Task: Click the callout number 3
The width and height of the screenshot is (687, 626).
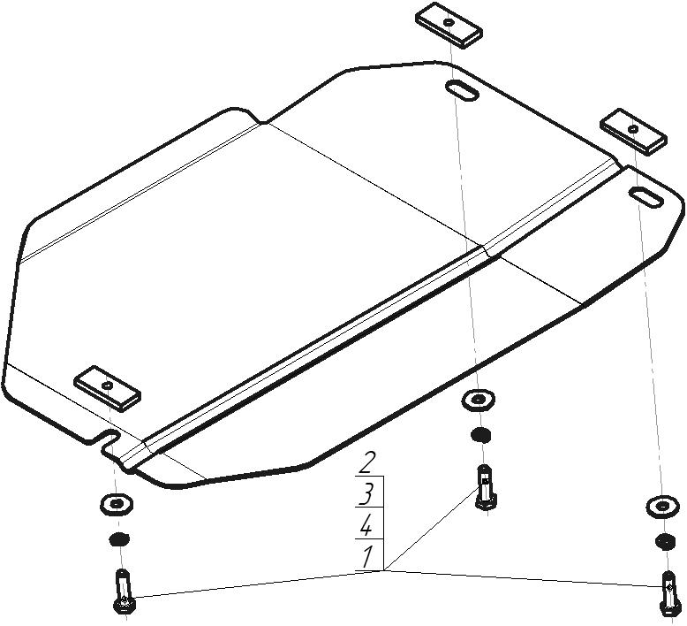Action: pyautogui.click(x=366, y=494)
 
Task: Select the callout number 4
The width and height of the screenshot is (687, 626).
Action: pyautogui.click(x=366, y=525)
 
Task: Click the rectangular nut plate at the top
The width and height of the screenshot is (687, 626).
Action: pyautogui.click(x=449, y=26)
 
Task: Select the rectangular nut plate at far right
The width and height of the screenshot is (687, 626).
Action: pyautogui.click(x=633, y=132)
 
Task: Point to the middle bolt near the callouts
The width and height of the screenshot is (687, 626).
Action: pyautogui.click(x=485, y=487)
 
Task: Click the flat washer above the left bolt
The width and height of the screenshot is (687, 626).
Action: pyautogui.click(x=117, y=504)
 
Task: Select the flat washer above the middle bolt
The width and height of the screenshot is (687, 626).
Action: pyautogui.click(x=479, y=400)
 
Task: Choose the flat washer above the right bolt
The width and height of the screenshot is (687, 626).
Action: pyautogui.click(x=662, y=507)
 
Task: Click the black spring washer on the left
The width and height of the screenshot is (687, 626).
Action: pyautogui.click(x=118, y=539)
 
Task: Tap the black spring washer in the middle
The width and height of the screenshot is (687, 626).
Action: pyautogui.click(x=480, y=435)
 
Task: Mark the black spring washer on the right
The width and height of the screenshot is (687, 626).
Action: pyautogui.click(x=665, y=541)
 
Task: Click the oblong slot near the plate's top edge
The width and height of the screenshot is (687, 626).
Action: pyautogui.click(x=462, y=91)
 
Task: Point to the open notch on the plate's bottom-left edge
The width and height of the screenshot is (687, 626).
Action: pyautogui.click(x=108, y=439)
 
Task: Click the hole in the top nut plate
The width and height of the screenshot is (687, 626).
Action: pyautogui.click(x=449, y=21)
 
